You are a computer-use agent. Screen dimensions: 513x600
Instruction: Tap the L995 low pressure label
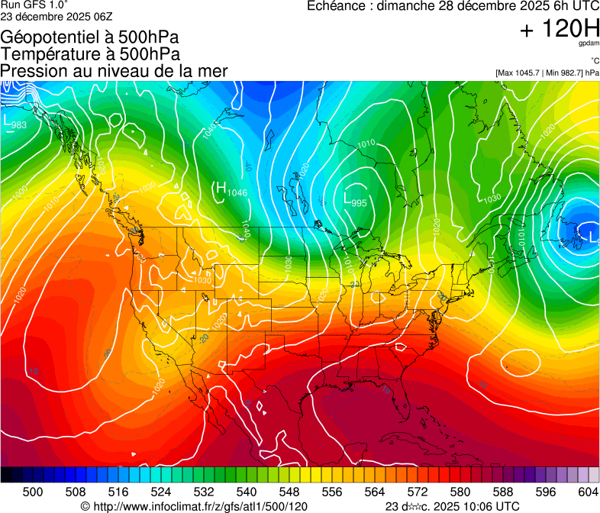[x=356, y=200]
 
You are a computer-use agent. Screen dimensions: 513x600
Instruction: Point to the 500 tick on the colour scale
[x=33, y=492]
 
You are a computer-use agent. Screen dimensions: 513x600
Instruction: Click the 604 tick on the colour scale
[x=589, y=492]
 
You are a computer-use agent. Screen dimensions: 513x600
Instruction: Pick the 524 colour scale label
[x=161, y=492]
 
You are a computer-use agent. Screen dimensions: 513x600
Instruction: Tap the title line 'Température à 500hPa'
[x=90, y=54]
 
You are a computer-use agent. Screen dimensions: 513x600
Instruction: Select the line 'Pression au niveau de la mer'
[x=114, y=71]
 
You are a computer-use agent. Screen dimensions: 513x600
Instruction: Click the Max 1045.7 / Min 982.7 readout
[x=547, y=73]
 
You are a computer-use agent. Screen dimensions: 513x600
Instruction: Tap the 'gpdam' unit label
[x=589, y=45]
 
